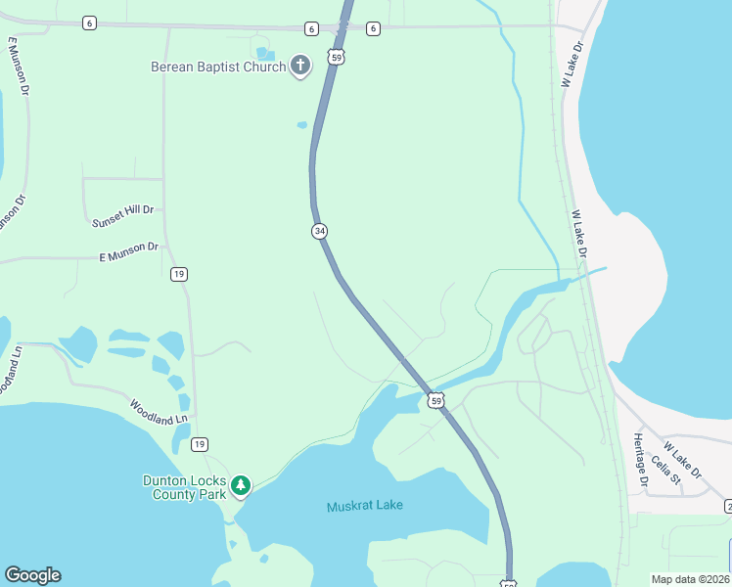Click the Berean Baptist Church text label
(218, 67)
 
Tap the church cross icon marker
(300, 67)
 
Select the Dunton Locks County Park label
(185, 486)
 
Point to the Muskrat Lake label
(365, 506)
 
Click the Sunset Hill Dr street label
(123, 216)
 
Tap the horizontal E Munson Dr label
(129, 251)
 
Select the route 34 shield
(319, 231)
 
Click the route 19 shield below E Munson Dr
(178, 274)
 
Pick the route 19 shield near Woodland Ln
(200, 444)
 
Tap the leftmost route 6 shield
(89, 23)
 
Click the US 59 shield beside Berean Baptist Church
(337, 58)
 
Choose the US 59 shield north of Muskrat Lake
(435, 399)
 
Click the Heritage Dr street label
(641, 460)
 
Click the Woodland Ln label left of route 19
(159, 411)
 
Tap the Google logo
(32, 575)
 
